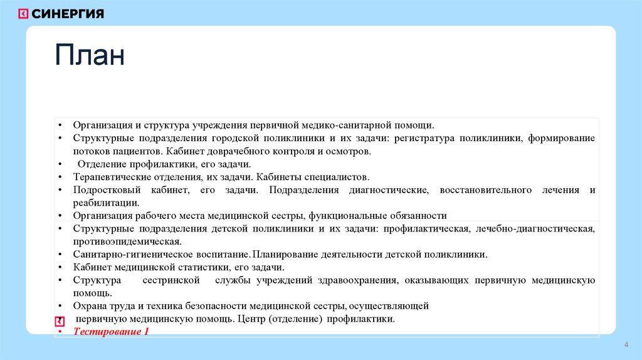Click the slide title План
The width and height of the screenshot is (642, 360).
89,56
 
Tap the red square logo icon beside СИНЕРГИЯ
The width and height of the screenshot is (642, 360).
23,14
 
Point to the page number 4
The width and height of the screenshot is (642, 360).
626,346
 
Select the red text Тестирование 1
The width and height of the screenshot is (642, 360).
111,331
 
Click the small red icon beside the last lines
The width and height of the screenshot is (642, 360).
60,320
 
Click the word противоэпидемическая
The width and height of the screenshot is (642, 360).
127,241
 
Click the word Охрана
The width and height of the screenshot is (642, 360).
88,306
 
